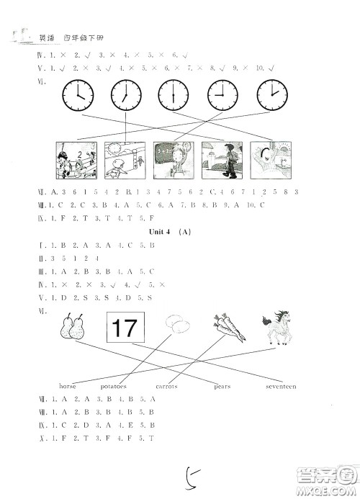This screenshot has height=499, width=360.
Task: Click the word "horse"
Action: [x=68, y=387]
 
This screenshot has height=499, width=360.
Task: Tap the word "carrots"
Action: [x=166, y=387]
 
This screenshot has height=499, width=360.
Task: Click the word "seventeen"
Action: [x=278, y=387]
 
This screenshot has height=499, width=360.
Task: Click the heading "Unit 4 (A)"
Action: [x=172, y=233]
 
